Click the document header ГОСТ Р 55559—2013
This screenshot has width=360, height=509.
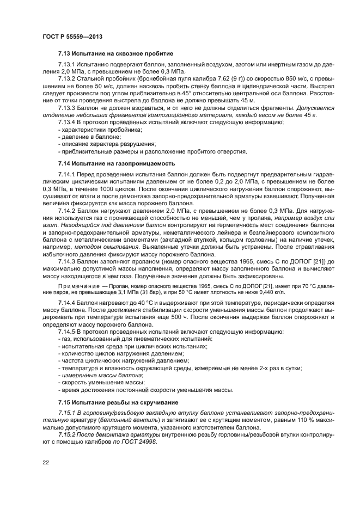pyautogui.click(x=72, y=36)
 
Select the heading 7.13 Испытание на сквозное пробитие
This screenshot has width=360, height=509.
pyautogui.click(x=115, y=54)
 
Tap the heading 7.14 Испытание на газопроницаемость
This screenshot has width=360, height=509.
pyautogui.click(x=117, y=163)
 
